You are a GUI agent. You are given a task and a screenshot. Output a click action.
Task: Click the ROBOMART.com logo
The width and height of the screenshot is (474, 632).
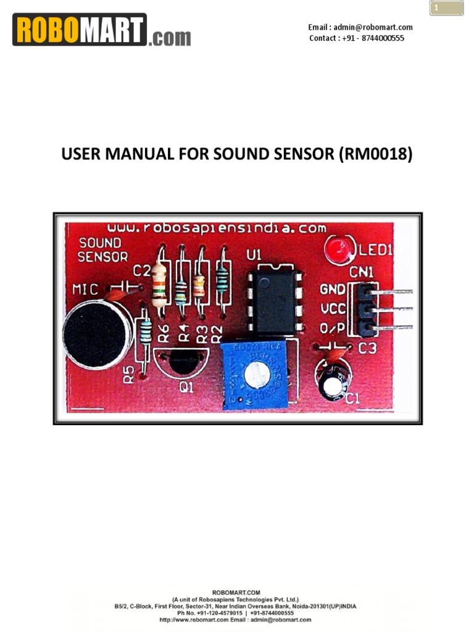coord(102,30)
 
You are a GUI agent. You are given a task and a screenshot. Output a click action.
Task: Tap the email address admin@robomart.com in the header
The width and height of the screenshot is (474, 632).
coord(360,27)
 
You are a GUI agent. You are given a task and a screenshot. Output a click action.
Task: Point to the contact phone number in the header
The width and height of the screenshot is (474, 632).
coord(357,38)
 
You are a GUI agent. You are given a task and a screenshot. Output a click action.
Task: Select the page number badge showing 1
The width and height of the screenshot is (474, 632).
coord(446,8)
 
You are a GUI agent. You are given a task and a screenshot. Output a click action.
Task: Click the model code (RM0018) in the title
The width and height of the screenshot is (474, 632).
coord(375,154)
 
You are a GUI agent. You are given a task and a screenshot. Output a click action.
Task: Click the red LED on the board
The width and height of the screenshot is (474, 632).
coord(336,249)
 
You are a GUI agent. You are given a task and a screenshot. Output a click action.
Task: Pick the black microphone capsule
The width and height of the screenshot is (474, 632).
coord(97,335)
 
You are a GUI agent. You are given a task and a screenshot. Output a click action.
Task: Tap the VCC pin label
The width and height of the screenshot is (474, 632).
coord(333,309)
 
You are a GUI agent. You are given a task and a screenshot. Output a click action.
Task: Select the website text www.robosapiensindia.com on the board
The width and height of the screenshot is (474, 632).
coord(216,227)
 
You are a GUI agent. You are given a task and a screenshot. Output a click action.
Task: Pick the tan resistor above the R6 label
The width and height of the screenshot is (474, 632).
coord(159,283)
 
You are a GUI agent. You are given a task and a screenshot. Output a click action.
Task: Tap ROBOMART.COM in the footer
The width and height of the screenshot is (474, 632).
coord(236,592)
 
